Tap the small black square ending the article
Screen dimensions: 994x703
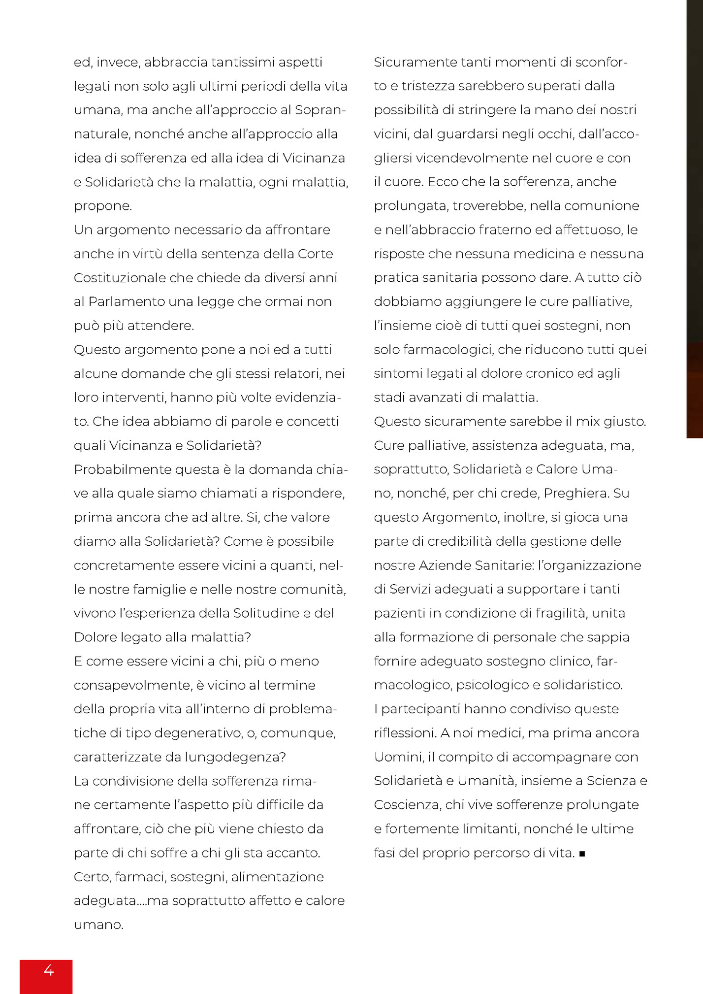(x=582, y=854)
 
